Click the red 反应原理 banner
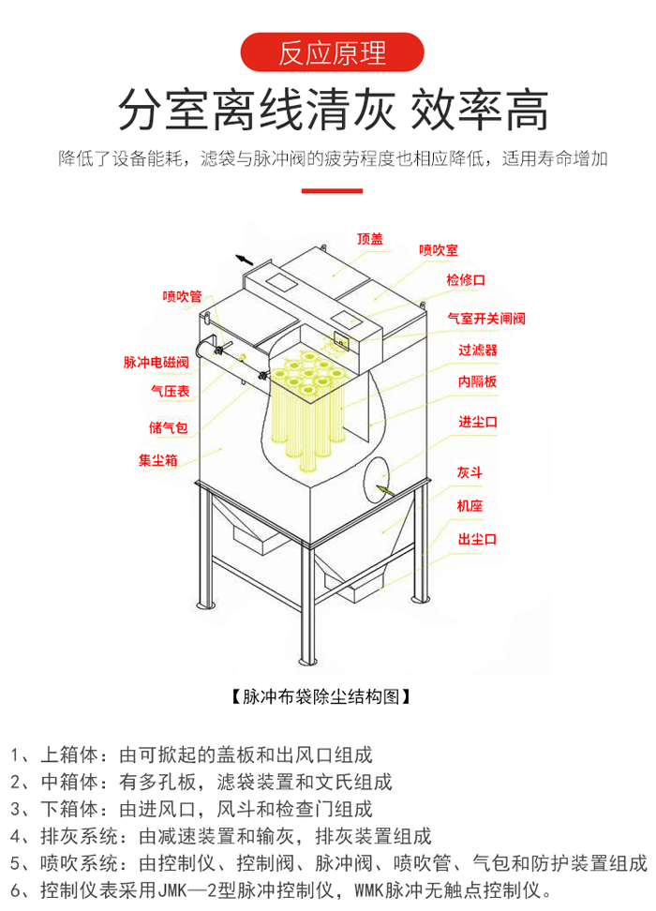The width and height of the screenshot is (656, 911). (332, 52)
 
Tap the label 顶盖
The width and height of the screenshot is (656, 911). (370, 239)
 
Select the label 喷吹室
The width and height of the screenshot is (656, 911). (439, 250)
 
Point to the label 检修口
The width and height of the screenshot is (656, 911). (466, 280)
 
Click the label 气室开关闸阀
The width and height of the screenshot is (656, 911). (486, 319)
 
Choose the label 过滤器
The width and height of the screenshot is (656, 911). (478, 350)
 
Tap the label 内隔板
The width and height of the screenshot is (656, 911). (477, 381)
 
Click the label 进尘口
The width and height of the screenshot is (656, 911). (478, 422)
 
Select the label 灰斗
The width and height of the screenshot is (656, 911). (470, 472)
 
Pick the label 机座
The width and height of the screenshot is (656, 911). (470, 505)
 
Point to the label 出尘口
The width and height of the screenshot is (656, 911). (477, 539)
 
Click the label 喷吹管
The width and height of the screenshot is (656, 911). (182, 296)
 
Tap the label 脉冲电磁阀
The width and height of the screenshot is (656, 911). (156, 363)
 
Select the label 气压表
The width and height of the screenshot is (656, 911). (171, 391)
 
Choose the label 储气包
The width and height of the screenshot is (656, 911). (168, 428)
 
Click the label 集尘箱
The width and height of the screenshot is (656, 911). (158, 460)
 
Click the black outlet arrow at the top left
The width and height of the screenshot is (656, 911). (245, 260)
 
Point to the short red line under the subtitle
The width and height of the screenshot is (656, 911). (332, 190)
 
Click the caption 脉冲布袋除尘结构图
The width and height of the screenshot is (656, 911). (321, 696)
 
